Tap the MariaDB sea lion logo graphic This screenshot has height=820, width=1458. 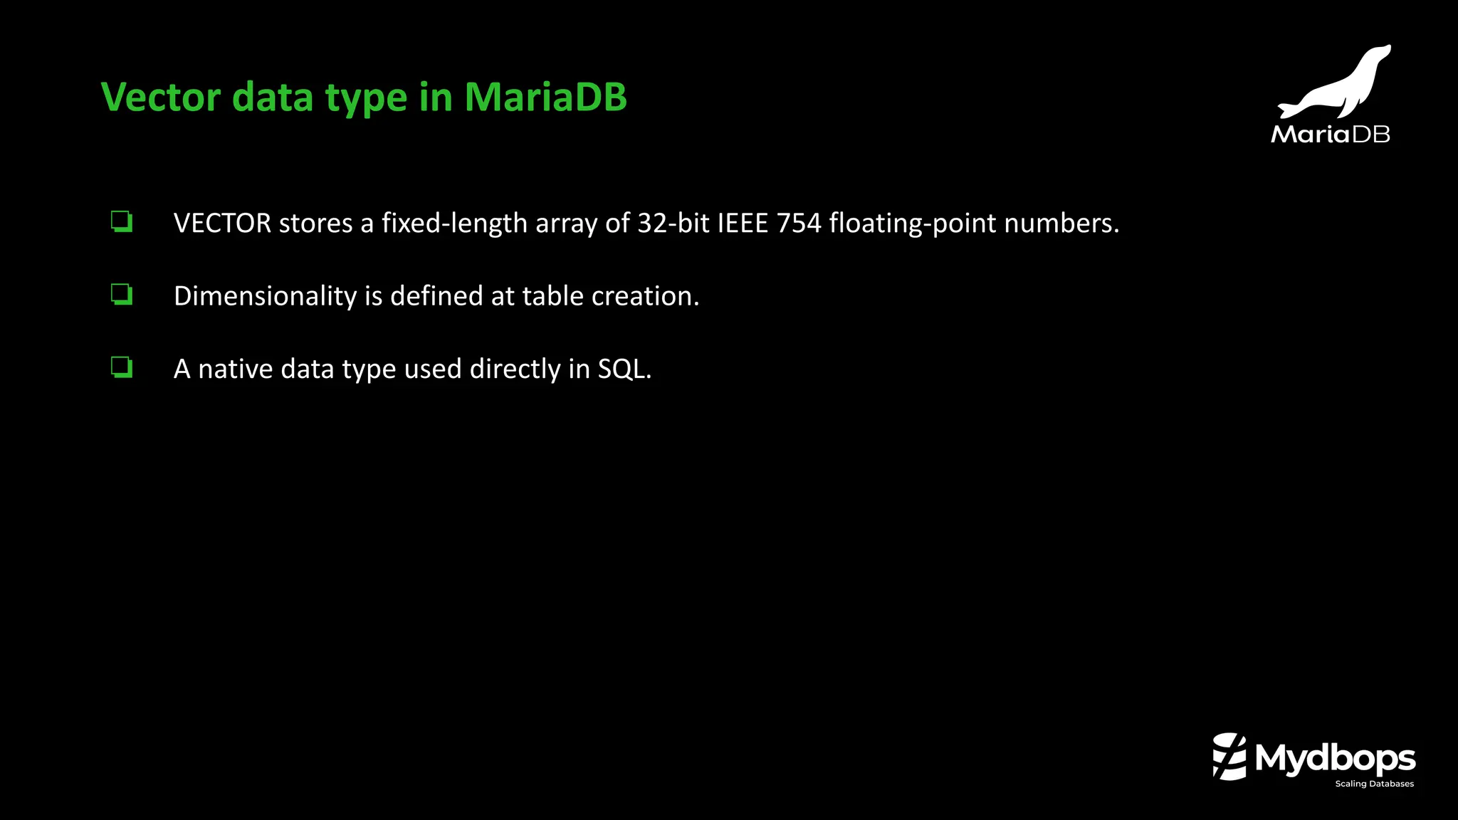1336,84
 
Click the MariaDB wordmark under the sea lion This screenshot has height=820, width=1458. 1330,134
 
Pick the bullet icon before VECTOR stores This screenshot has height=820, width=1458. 122,221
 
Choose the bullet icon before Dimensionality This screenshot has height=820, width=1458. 122,294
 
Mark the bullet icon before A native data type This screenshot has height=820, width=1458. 122,367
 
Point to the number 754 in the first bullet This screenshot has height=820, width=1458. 798,224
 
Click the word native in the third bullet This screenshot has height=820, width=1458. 236,369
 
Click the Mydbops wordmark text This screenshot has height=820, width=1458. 1335,759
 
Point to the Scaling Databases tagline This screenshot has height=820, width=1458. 1374,784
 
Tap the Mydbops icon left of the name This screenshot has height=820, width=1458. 1229,757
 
